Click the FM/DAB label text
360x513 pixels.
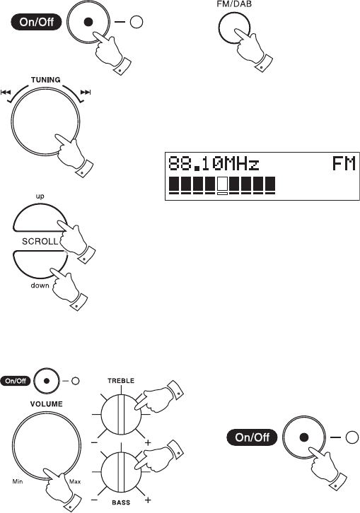[x=234, y=4]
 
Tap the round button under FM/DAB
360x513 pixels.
[x=234, y=28]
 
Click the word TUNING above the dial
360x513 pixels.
[x=45, y=80]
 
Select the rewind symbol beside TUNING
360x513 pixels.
[x=6, y=93]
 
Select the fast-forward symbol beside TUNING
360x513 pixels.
[x=86, y=93]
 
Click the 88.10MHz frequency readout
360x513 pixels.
[x=214, y=164]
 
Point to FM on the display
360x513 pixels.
[x=344, y=164]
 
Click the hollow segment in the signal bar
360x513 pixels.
[x=222, y=186]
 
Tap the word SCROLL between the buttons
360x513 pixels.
[x=40, y=242]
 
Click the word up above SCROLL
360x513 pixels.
[x=40, y=196]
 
